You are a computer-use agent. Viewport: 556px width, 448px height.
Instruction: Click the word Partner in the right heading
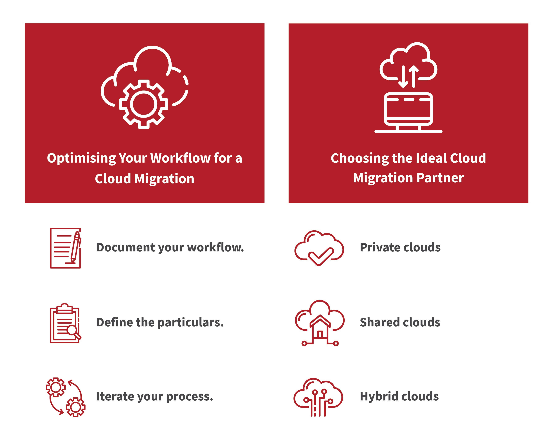pos(440,178)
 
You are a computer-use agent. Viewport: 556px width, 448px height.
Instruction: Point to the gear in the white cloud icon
pos(144,104)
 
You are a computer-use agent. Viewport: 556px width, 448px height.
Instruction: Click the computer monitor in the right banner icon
pos(409,112)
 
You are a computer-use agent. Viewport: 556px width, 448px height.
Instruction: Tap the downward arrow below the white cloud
pos(403,76)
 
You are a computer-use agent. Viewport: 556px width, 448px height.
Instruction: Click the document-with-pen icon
pos(66,248)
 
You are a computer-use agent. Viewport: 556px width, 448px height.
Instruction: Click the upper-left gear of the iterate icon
pos(56,387)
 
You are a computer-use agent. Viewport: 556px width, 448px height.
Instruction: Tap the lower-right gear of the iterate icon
pos(76,407)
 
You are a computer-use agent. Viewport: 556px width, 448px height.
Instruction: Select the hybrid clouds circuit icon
pos(318,397)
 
